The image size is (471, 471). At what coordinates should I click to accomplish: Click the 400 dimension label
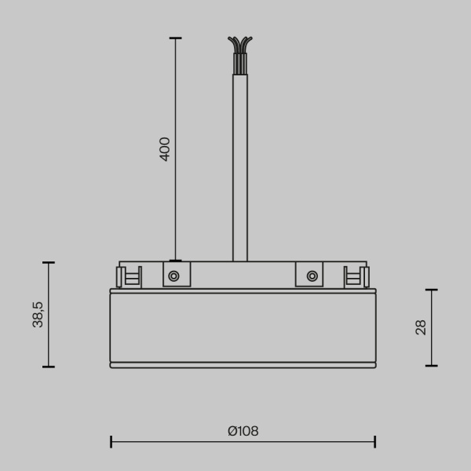165,148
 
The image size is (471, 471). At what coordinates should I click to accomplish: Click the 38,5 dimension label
38,314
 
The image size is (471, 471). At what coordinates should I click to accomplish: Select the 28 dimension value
421,327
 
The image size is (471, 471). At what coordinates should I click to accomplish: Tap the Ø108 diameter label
243,431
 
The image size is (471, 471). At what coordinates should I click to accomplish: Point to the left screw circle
173,276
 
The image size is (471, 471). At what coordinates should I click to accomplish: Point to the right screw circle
312,276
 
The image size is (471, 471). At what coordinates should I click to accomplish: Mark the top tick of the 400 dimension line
175,38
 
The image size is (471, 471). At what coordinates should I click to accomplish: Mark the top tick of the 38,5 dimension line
49,263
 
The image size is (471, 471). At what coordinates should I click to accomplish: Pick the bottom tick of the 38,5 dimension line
49,367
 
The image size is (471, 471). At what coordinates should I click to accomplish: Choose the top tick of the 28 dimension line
431,290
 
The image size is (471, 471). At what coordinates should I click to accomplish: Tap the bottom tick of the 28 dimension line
431,365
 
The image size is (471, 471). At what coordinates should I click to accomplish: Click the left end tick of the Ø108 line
111,442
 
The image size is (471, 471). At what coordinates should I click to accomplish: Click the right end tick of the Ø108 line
374,442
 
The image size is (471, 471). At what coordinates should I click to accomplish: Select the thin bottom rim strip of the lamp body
243,365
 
